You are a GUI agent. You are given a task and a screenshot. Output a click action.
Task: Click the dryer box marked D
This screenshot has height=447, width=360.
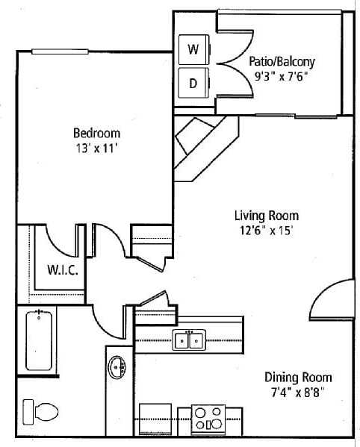(193, 83)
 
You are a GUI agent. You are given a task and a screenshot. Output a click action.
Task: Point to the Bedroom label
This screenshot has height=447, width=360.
(96, 133)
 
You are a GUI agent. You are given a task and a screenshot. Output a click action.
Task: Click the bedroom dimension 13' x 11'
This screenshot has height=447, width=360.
(96, 148)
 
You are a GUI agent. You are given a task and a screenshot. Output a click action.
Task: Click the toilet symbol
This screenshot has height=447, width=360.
(42, 411)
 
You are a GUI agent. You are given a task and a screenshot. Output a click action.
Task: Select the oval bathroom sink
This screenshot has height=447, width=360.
(117, 368)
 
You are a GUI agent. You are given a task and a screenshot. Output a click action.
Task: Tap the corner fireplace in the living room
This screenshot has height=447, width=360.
(200, 147)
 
